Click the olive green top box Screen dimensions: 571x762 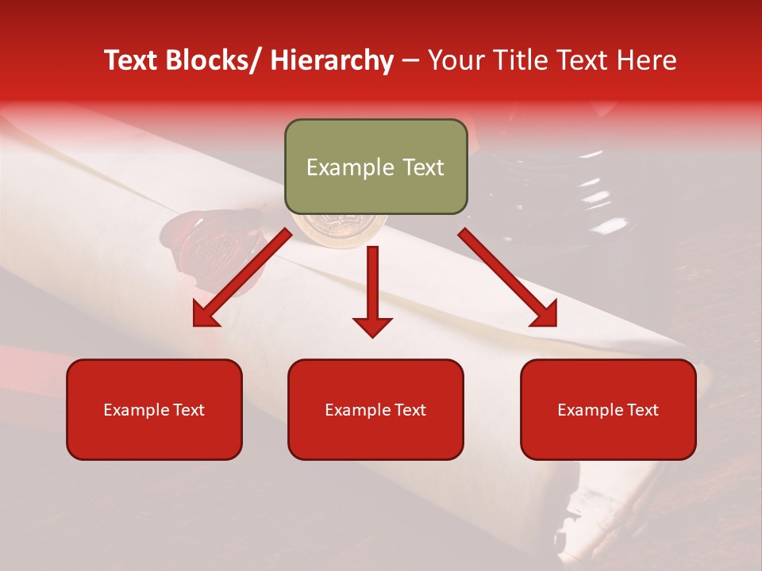pyautogui.click(x=375, y=167)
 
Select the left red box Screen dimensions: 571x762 pyautogui.click(x=154, y=409)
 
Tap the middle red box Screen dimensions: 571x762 pyautogui.click(x=375, y=409)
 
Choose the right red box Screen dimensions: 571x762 pyautogui.click(x=608, y=409)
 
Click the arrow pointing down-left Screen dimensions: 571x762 pyautogui.click(x=243, y=278)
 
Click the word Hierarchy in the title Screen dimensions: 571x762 pyautogui.click(x=332, y=60)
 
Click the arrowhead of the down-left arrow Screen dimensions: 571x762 pyautogui.click(x=206, y=314)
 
